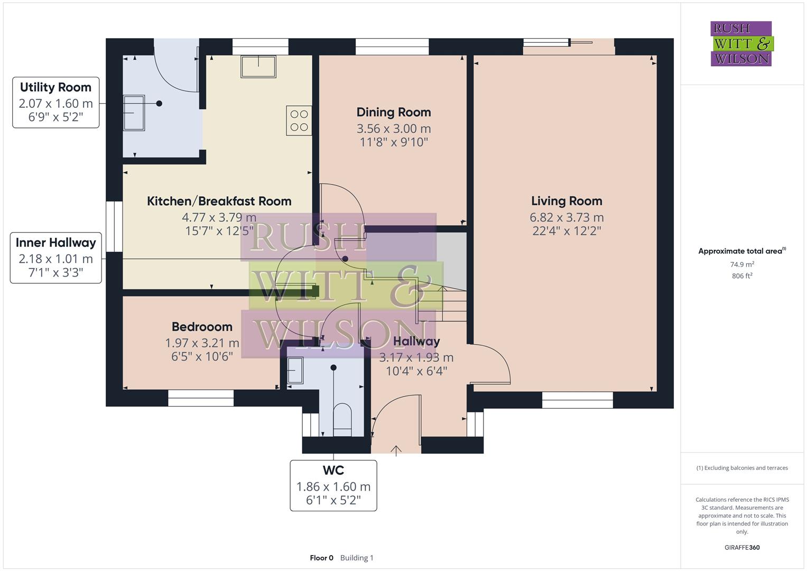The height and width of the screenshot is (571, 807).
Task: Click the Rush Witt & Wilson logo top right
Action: point(741,43)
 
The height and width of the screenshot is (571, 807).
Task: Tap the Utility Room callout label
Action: point(55,102)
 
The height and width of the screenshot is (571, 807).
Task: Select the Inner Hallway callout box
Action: point(55,258)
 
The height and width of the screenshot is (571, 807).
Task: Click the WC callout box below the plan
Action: point(333,485)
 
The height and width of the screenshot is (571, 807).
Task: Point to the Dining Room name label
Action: point(394,112)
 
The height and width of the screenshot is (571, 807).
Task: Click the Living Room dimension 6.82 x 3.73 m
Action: point(567,217)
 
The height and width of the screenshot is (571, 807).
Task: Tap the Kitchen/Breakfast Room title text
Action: point(219,201)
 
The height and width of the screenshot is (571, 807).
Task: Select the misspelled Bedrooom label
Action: point(202,327)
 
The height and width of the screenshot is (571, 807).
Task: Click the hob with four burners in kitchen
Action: point(299,121)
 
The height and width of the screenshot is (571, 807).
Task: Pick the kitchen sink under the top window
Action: point(258,67)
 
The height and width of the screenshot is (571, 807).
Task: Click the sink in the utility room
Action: point(134,113)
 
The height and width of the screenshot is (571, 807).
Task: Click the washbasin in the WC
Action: point(295,370)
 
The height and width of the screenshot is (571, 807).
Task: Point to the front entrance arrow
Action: point(396,450)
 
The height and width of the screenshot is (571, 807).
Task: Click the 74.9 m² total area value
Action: point(742,264)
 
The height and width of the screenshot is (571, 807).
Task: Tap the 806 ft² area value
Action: point(742,276)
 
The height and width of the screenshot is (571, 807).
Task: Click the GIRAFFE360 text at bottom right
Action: point(742,547)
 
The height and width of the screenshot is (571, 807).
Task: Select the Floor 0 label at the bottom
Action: point(321,558)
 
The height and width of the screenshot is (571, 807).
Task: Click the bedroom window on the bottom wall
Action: point(201,398)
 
